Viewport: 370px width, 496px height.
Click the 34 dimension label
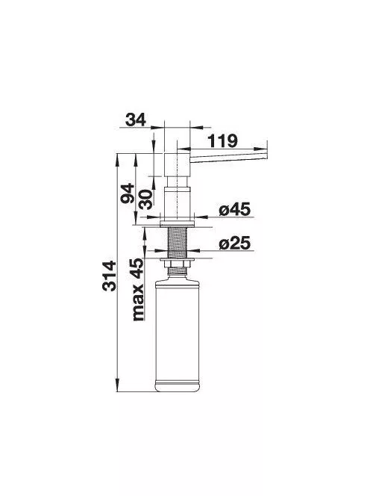pyautogui.click(x=136, y=120)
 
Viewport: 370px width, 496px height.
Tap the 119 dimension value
pyautogui.click(x=222, y=140)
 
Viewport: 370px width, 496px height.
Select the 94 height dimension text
pyautogui.click(x=128, y=193)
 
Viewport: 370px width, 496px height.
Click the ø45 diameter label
pyautogui.click(x=234, y=209)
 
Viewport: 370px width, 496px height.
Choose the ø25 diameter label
pyautogui.click(x=234, y=244)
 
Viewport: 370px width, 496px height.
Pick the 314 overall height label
pyautogui.click(x=110, y=276)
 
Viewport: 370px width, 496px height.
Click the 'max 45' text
pyautogui.click(x=138, y=290)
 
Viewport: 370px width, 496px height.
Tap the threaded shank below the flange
pyautogui.click(x=178, y=242)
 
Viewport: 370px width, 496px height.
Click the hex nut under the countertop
pyautogui.click(x=178, y=264)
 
